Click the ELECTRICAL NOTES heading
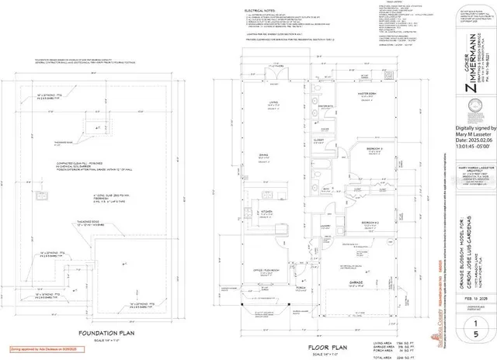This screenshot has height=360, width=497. coord(260,11)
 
